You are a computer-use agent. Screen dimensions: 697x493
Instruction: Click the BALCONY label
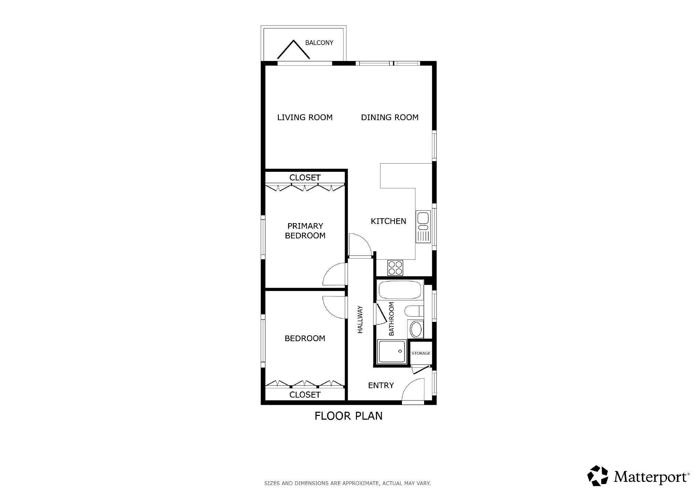(x=319, y=43)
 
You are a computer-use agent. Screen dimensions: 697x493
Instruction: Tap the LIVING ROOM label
(x=305, y=117)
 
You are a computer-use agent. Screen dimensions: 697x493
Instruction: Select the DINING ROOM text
(x=390, y=117)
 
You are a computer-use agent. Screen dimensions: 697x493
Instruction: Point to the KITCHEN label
(x=388, y=221)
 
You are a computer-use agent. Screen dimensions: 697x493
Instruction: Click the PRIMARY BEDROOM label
(x=305, y=231)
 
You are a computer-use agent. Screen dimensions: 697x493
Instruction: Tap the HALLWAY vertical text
(x=360, y=319)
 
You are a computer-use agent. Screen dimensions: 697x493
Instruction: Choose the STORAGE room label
(x=421, y=353)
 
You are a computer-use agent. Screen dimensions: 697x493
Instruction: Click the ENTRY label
(x=381, y=385)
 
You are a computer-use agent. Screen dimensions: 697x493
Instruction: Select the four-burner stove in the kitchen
(x=395, y=268)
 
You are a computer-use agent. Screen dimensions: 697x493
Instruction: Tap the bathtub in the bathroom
(x=400, y=290)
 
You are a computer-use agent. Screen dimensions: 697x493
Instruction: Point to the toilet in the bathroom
(x=414, y=311)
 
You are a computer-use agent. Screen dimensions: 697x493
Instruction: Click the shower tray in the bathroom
(x=392, y=351)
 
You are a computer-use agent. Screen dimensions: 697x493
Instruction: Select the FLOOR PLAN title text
(x=348, y=416)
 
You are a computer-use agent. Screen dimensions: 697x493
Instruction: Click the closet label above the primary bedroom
(x=305, y=178)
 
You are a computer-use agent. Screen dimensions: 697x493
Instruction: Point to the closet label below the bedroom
(x=305, y=395)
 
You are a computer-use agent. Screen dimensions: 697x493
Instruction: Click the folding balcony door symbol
(x=294, y=50)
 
